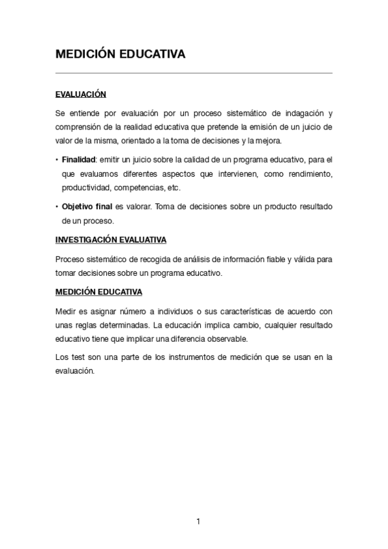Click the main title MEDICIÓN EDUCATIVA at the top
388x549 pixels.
[x=120, y=54]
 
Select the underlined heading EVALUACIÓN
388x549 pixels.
[x=80, y=95]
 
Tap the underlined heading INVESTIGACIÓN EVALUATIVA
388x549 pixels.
[x=111, y=240]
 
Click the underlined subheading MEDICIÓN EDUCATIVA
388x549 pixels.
[x=98, y=292]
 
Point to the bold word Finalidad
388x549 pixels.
[x=78, y=159]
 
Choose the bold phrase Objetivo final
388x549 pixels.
[x=87, y=207]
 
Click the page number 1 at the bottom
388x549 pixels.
[x=198, y=522]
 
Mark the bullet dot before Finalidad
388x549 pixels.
[x=57, y=159]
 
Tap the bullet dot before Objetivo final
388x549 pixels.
[x=57, y=207]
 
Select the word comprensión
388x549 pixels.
[x=80, y=127]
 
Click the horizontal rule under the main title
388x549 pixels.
[x=194, y=73]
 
